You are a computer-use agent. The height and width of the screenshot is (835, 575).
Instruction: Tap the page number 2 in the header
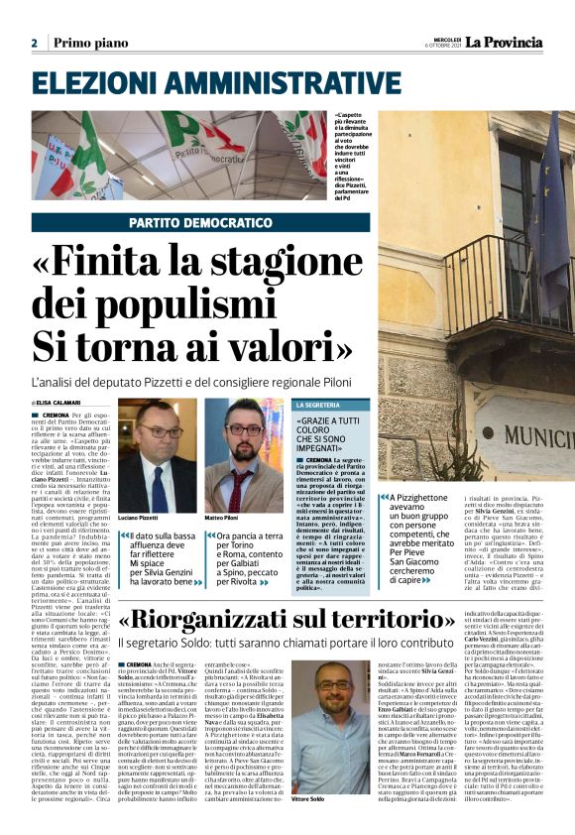click(34, 43)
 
